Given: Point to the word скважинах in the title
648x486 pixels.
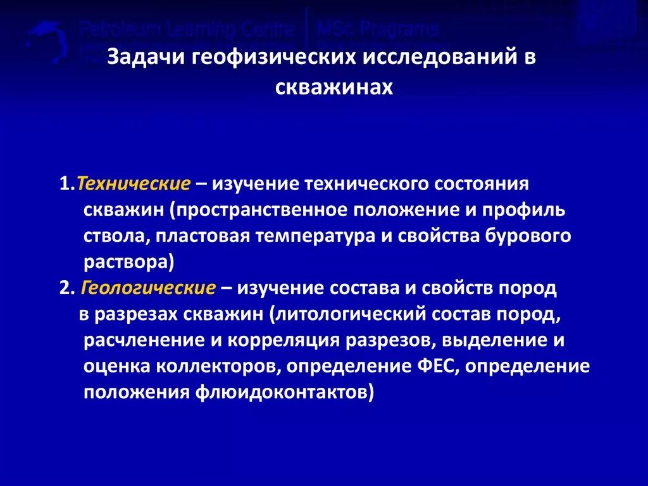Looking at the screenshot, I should point(334,87).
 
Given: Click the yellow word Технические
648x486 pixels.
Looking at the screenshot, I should point(134,184).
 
